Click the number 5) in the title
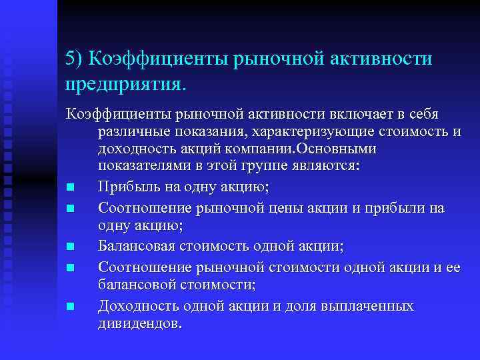pos(74,59)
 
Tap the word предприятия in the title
pos(126,85)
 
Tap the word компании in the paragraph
pos(247,149)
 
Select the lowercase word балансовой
pos(135,285)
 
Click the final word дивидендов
pos(139,323)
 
